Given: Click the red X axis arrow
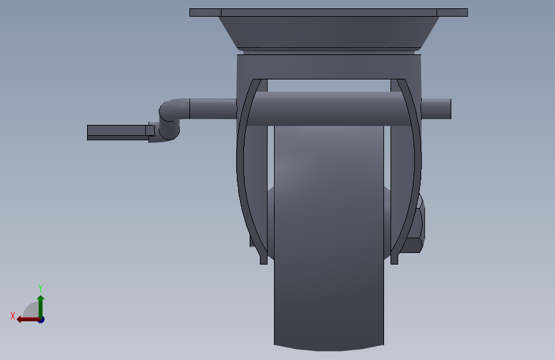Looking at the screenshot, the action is tap(28, 320).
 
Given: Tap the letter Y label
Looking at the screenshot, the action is tap(40, 288).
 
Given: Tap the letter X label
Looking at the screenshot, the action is tap(13, 316).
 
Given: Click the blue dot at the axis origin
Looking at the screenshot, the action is tap(42, 320).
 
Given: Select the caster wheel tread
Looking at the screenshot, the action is tap(329, 234).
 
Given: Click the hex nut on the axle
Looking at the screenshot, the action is tap(415, 227).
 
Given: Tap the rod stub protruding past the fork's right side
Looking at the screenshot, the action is tap(436, 109).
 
